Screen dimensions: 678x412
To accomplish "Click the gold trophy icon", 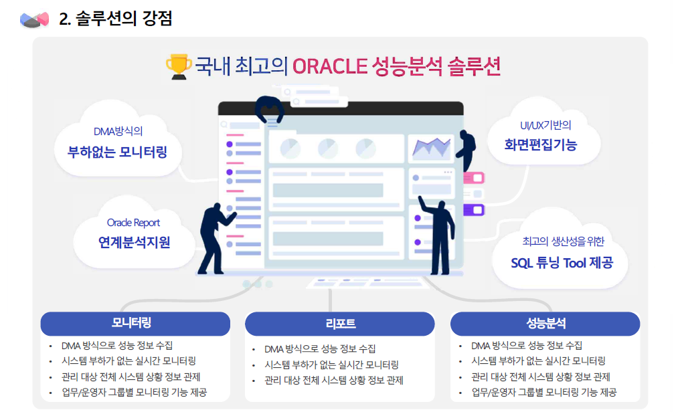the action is pos(179,66).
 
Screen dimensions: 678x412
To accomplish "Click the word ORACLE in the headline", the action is pos(330,67).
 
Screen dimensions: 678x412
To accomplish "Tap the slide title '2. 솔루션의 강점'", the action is pos(115,19).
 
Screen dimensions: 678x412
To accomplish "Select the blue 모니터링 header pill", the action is pos(135,323).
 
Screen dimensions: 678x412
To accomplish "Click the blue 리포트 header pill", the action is pos(340,324).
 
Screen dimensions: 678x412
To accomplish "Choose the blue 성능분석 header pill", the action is pos(545,324).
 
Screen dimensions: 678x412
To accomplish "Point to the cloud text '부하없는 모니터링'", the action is pos(117,152).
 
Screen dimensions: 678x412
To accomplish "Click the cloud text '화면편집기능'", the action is pos(541,144).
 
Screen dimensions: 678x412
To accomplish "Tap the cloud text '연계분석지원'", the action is pos(134,243).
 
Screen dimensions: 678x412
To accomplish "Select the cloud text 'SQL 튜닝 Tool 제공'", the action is pos(562,263).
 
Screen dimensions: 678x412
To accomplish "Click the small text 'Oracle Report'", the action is pos(133,223).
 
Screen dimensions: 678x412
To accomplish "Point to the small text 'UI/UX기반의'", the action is pos(545,125).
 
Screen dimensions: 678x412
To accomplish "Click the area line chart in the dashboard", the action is pos(432,148).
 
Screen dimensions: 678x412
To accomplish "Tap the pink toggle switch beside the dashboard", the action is pos(474,178).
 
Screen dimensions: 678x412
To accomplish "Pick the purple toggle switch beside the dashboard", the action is pos(474,210).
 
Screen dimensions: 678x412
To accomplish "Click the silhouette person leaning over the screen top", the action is pos(269,109).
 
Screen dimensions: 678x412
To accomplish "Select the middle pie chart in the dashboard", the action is pos(328,148).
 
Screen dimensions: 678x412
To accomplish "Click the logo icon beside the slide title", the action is pos(35,19).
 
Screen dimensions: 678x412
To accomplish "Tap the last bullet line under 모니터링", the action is pos(134,393).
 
